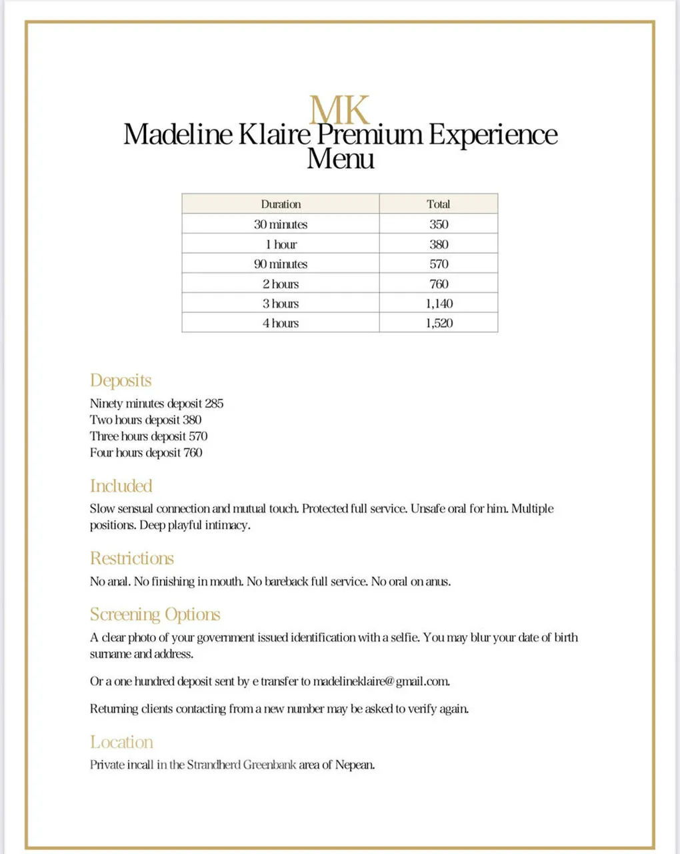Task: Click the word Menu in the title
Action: (x=340, y=159)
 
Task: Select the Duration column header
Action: (x=281, y=204)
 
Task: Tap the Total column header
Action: (x=438, y=204)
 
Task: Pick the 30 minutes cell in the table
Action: (x=281, y=224)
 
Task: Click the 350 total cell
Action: (x=438, y=224)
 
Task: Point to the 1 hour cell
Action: (x=281, y=244)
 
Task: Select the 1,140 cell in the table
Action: (x=439, y=304)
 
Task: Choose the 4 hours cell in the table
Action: (x=281, y=323)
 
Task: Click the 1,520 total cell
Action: (x=439, y=323)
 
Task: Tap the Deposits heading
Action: (x=121, y=380)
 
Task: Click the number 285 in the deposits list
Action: (x=214, y=404)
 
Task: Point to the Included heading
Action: (x=121, y=486)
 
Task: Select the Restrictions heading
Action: (x=132, y=558)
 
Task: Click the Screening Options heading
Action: (x=155, y=614)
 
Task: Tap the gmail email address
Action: (x=381, y=682)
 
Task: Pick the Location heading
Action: (x=121, y=742)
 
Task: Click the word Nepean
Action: (x=355, y=765)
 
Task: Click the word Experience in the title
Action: (x=493, y=134)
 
